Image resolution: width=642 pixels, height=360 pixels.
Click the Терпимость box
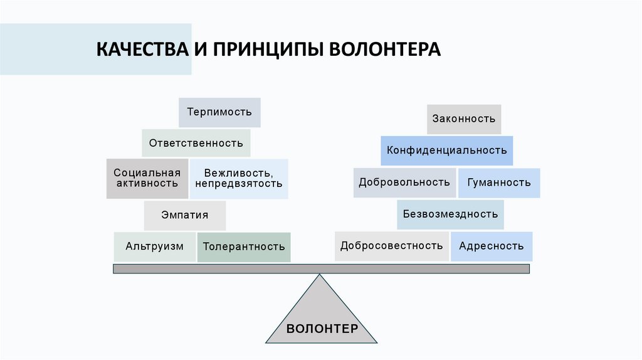pyautogui.click(x=219, y=113)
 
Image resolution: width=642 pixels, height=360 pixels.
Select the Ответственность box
pyautogui.click(x=196, y=143)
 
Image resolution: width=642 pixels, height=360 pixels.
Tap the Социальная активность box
pyautogui.click(x=147, y=179)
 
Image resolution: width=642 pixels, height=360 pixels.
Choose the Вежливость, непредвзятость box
pyautogui.click(x=239, y=179)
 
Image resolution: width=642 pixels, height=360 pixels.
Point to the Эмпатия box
pyautogui.click(x=184, y=216)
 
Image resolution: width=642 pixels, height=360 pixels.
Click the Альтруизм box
pyautogui.click(x=154, y=246)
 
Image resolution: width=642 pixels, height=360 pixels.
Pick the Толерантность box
pyautogui.click(x=244, y=246)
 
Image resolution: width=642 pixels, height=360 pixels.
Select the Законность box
pyautogui.click(x=464, y=119)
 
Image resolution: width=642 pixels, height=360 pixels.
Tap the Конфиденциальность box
pyautogui.click(x=447, y=151)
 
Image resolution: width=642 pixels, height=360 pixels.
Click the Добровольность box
pyautogui.click(x=404, y=183)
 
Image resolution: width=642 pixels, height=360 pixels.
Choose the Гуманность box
pyautogui.click(x=499, y=183)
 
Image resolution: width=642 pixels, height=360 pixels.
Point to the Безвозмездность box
pyautogui.click(x=450, y=214)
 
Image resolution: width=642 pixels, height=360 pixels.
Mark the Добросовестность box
pyautogui.click(x=392, y=246)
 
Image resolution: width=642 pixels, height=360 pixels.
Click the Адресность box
pyautogui.click(x=492, y=246)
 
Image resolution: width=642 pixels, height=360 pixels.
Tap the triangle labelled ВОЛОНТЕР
pyautogui.click(x=322, y=320)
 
